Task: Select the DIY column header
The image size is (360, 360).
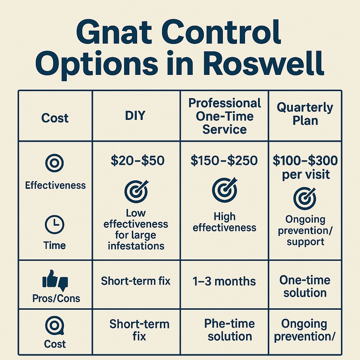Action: [136, 116]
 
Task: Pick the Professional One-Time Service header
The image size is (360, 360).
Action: [225, 116]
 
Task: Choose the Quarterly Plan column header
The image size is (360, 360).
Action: [305, 114]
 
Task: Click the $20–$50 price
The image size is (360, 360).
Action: [137, 161]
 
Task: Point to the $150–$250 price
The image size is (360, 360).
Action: [224, 161]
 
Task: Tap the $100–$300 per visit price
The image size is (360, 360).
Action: [305, 167]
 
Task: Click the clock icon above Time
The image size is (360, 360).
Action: [54, 225]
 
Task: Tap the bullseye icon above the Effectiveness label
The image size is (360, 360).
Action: [54, 164]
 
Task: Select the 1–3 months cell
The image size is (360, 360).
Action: [224, 281]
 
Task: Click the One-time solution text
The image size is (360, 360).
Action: [305, 286]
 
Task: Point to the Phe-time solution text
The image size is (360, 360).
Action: [230, 330]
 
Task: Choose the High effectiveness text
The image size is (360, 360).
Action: [224, 222]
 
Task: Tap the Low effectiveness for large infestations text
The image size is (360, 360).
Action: [136, 229]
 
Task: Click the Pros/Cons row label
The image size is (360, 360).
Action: [56, 298]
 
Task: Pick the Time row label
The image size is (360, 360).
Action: [54, 245]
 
